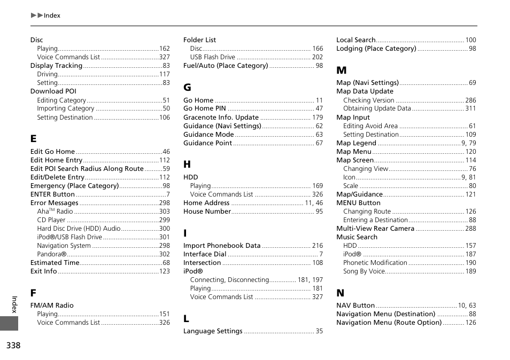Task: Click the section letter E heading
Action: [34, 138]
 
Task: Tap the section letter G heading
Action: [187, 87]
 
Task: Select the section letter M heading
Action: [341, 70]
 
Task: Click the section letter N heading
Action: [340, 293]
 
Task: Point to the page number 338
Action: [13, 346]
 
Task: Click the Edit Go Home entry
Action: [52, 152]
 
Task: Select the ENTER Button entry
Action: [52, 194]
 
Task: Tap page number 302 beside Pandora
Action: [164, 254]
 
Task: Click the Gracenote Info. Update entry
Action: [221, 118]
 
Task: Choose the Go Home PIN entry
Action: [205, 108]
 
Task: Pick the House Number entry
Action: [207, 212]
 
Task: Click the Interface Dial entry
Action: [205, 254]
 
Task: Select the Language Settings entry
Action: [213, 331]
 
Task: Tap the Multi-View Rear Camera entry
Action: [375, 229]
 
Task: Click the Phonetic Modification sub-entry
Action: [375, 263]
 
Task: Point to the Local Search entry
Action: [356, 40]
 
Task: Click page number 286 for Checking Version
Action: [470, 100]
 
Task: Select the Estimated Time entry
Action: [55, 263]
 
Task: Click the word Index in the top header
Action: [52, 15]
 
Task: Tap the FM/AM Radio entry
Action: [52, 306]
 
